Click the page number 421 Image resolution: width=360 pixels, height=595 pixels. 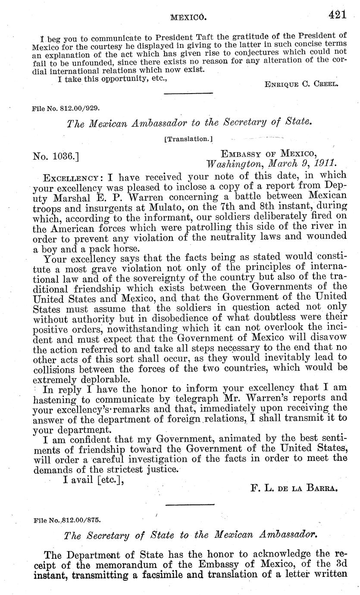pos(338,15)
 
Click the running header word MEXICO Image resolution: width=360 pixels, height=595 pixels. pos(189,17)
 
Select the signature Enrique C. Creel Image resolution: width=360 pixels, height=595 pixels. pos(301,84)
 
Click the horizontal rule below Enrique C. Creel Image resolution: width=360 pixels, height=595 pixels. pos(188,93)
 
